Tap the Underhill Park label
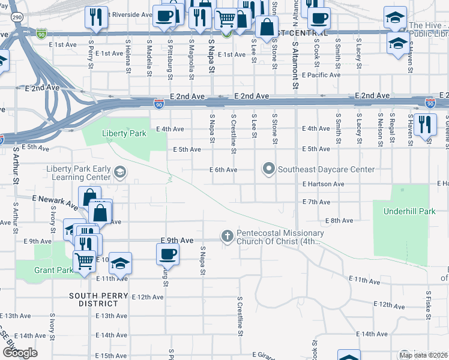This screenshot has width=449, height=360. [400, 211]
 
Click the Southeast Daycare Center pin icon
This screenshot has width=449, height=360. [268, 170]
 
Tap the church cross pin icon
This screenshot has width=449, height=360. [227, 236]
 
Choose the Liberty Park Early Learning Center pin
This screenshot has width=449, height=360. [119, 173]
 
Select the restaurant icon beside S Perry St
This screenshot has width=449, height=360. [95, 17]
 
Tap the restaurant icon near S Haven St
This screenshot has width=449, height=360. [425, 125]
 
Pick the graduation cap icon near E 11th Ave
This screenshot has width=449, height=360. [120, 263]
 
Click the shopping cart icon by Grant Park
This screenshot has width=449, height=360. [84, 261]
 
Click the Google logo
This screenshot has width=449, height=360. [20, 352]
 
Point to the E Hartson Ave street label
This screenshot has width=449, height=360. [324, 184]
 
